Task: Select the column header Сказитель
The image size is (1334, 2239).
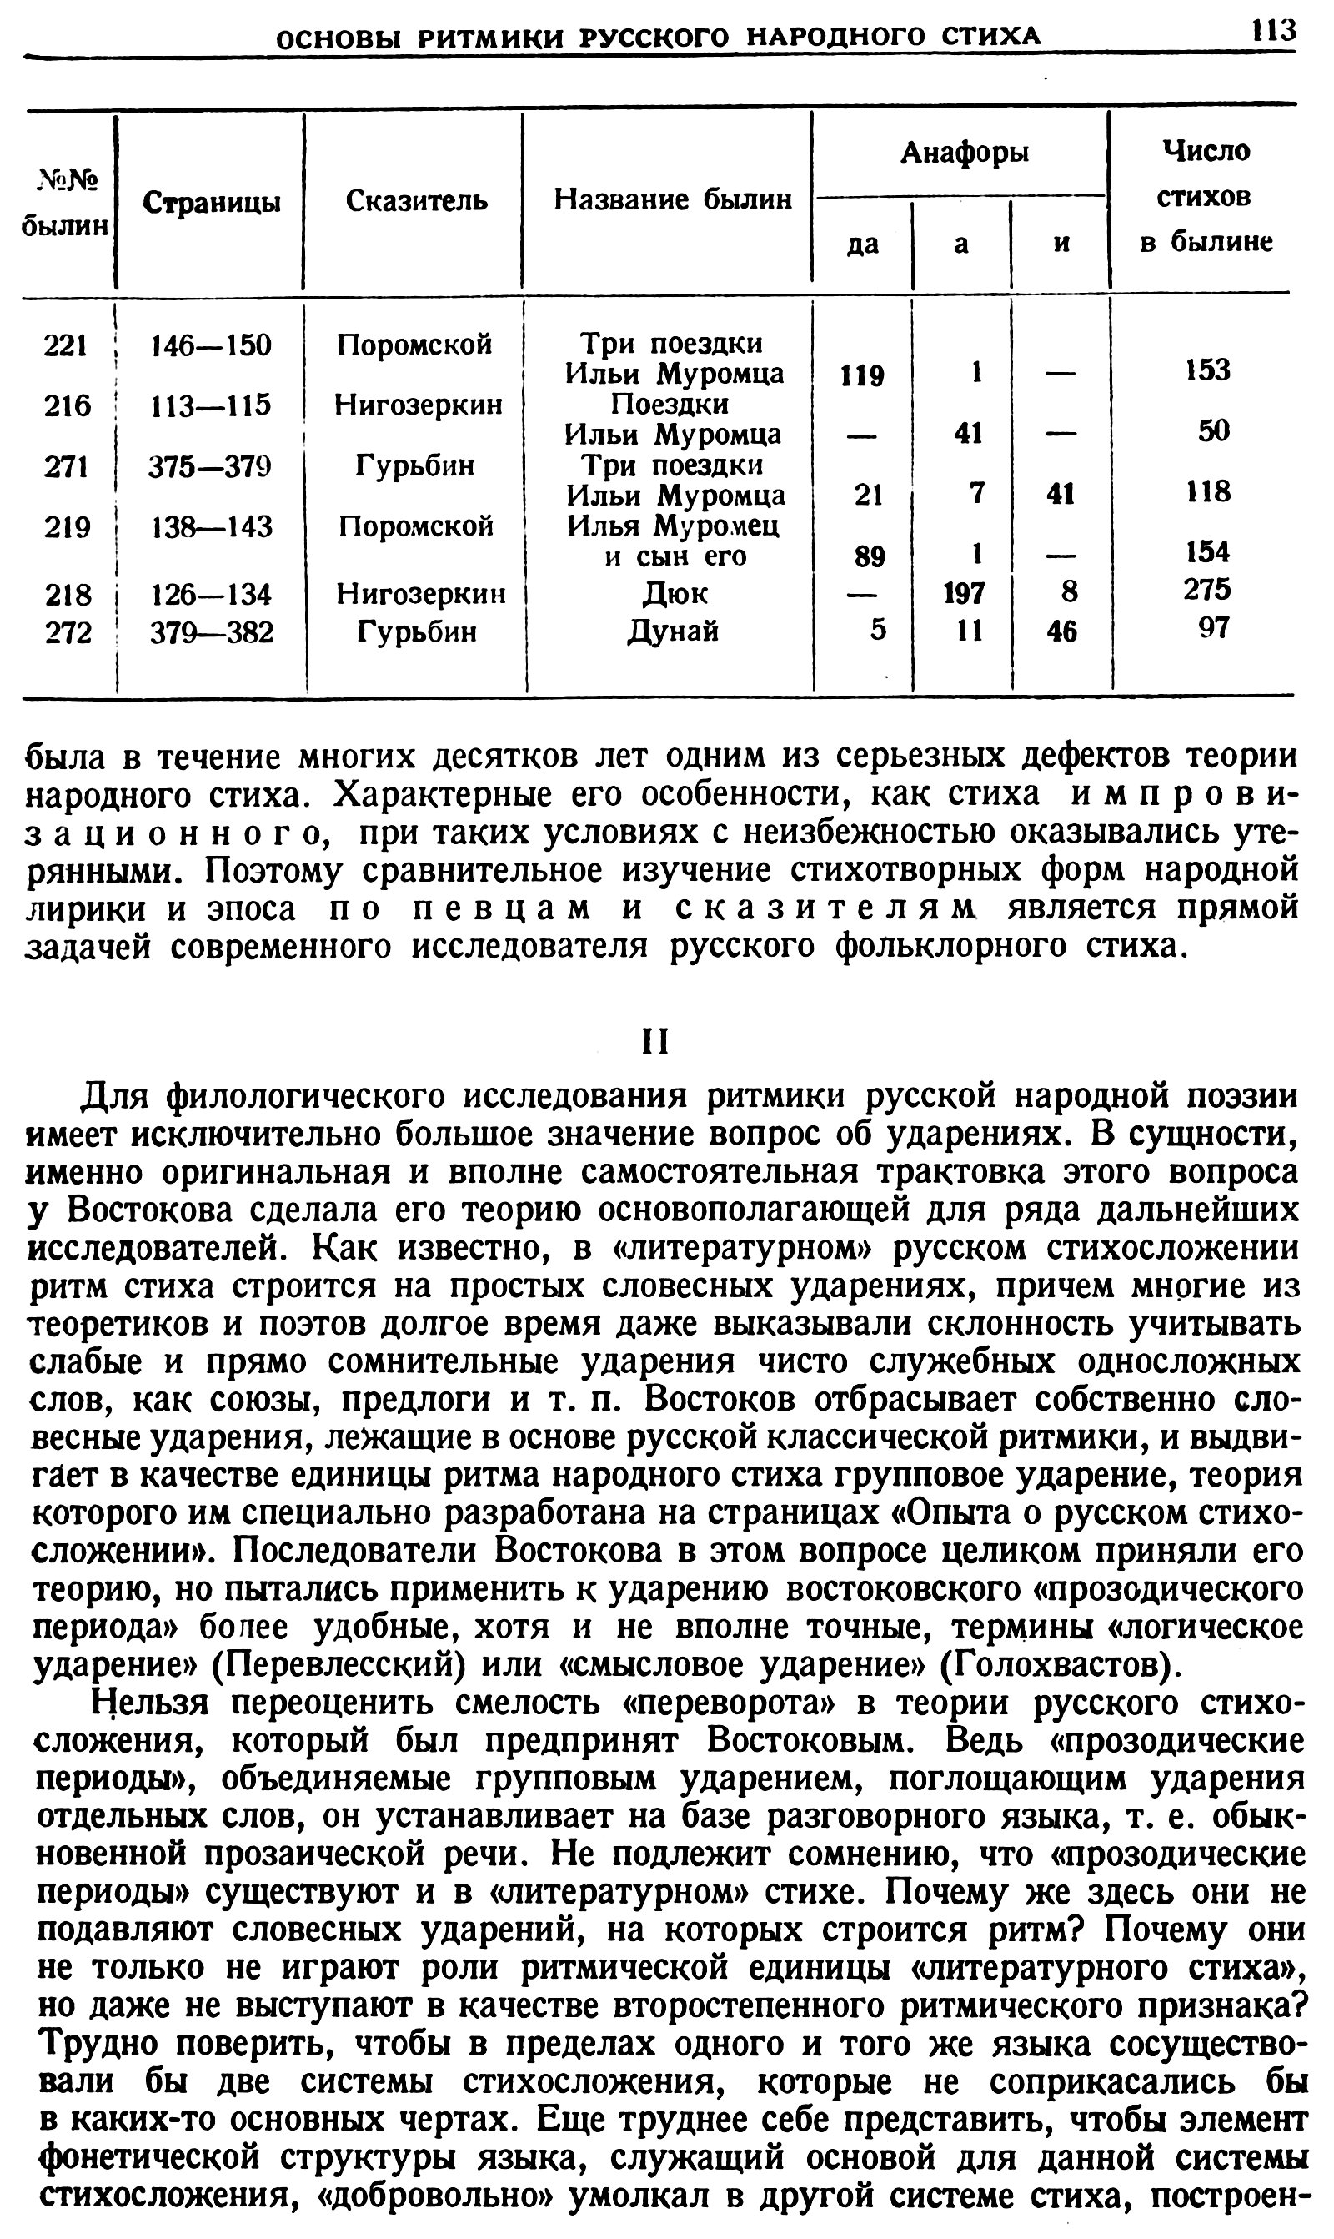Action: (416, 199)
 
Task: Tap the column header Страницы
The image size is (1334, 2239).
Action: (212, 203)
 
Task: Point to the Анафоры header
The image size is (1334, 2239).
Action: (964, 153)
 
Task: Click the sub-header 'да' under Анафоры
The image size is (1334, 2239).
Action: (862, 244)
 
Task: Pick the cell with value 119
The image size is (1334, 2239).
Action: (862, 375)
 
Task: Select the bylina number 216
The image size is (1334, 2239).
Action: (68, 405)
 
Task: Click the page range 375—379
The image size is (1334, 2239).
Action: (211, 465)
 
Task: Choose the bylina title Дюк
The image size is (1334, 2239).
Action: (675, 593)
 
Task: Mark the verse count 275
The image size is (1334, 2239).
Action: (1207, 590)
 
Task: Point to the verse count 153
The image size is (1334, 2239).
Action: (1207, 370)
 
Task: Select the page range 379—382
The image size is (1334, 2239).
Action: (211, 633)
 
